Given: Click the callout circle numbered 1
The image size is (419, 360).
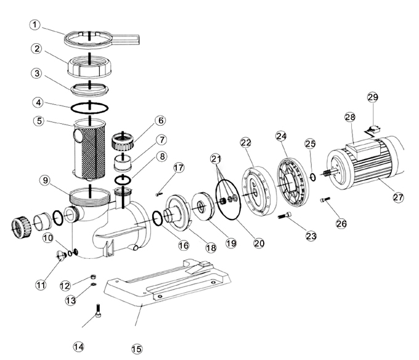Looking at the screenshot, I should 36,25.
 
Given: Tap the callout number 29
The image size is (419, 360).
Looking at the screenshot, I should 373,97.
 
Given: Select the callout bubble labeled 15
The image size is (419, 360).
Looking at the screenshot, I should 137,349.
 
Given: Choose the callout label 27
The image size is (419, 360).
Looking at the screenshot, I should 399,197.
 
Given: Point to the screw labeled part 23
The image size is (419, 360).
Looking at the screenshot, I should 284,216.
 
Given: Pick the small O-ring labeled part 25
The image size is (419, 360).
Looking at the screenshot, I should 314,177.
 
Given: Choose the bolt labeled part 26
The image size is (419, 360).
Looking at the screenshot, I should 325,200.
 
